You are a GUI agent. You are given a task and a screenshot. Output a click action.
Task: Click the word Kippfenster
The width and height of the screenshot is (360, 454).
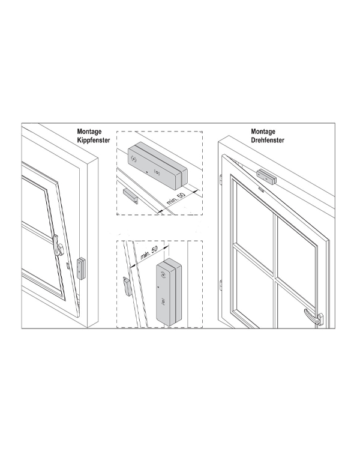[x=94, y=140]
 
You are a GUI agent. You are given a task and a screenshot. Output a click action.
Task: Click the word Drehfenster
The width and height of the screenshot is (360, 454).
[x=268, y=140]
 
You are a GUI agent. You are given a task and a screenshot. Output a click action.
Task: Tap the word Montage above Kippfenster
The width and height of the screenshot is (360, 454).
[x=89, y=132]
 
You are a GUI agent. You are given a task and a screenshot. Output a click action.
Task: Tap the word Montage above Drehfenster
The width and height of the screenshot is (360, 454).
[x=263, y=132]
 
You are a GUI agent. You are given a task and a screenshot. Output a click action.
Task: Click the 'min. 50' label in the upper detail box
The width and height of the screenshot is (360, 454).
[x=176, y=198]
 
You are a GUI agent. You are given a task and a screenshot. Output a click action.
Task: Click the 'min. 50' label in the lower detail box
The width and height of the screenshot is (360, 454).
[x=149, y=253]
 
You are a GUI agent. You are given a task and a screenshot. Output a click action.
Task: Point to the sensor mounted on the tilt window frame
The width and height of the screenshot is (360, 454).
[x=81, y=268]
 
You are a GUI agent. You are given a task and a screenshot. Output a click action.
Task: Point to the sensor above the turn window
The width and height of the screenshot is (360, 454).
[x=266, y=177]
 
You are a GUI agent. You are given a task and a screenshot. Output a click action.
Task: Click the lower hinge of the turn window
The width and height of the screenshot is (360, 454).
[x=221, y=285]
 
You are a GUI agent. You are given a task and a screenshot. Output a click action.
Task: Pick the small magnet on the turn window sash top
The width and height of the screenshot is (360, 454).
[x=261, y=190]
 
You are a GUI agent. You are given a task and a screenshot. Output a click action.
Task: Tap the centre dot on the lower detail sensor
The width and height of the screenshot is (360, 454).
[x=158, y=287]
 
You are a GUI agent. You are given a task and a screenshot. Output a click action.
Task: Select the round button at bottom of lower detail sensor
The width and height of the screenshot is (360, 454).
[x=163, y=303]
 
